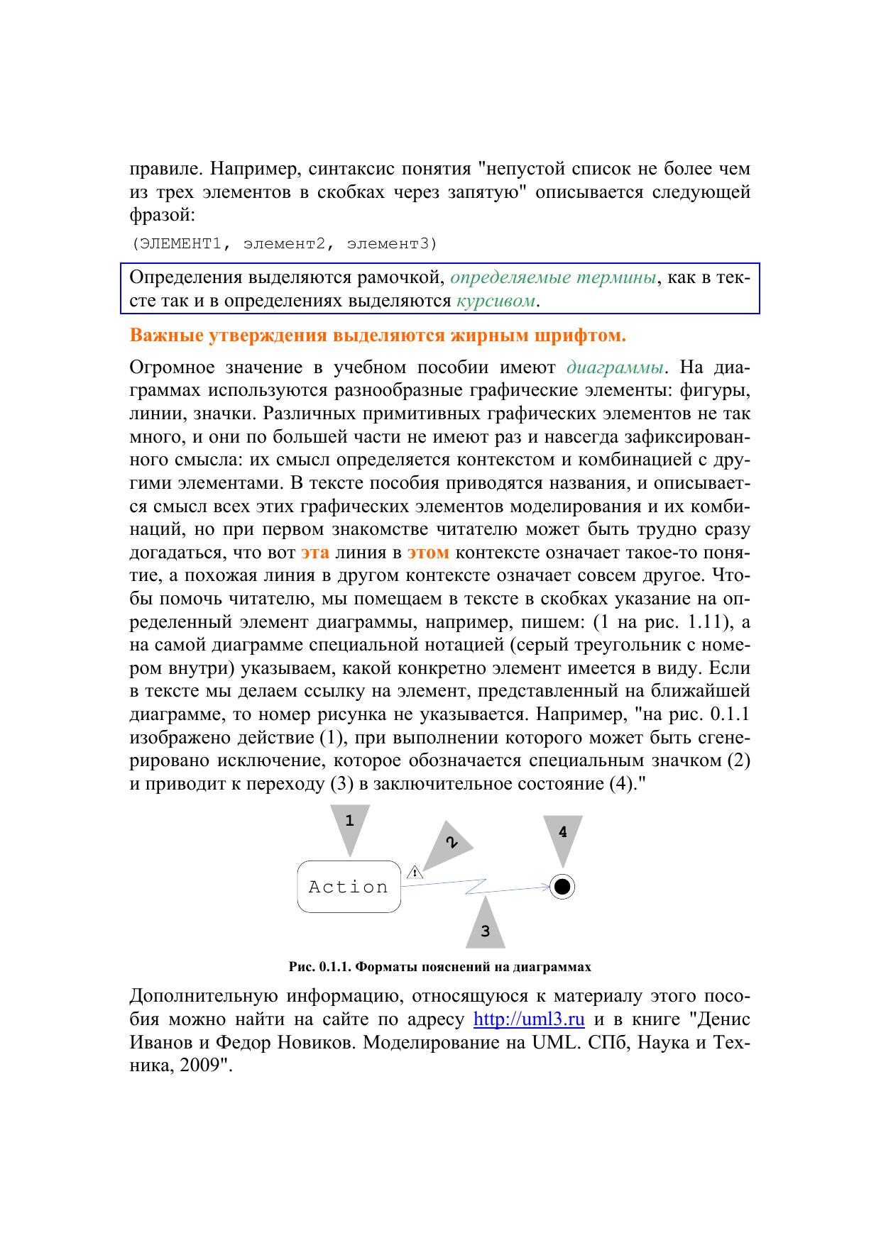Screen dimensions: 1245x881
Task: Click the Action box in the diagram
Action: [349, 887]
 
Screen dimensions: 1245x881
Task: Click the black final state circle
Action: [563, 887]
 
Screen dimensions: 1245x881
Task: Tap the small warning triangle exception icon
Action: [414, 872]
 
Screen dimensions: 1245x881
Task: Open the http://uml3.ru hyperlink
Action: [529, 1019]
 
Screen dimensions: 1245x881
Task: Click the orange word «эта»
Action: [314, 553]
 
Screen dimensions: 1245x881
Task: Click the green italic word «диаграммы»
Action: [616, 367]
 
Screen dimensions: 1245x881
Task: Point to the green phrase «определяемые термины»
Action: [553, 277]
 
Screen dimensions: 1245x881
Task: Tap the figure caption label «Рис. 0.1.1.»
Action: [319, 967]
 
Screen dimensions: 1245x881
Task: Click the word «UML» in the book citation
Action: [556, 1043]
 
